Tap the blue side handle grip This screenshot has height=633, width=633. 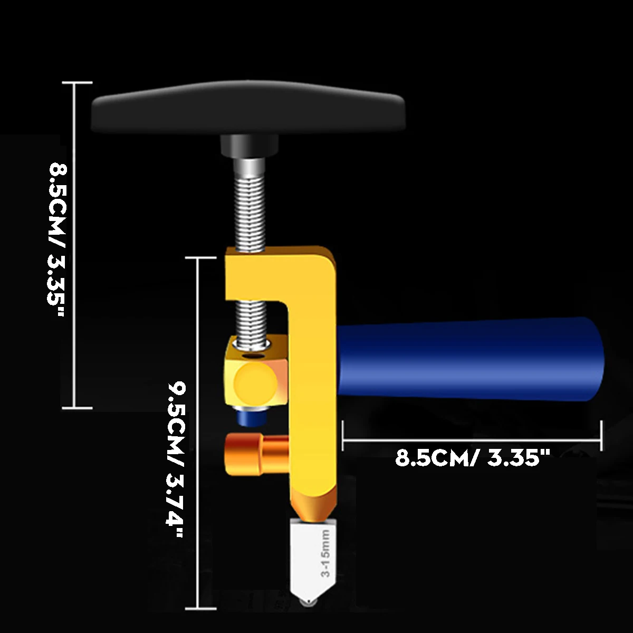[469, 359]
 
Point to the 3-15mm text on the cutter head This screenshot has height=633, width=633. [325, 554]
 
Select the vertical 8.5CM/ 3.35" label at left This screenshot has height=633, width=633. [57, 240]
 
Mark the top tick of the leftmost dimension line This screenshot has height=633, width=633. [77, 83]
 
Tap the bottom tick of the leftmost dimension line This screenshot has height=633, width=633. [77, 408]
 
